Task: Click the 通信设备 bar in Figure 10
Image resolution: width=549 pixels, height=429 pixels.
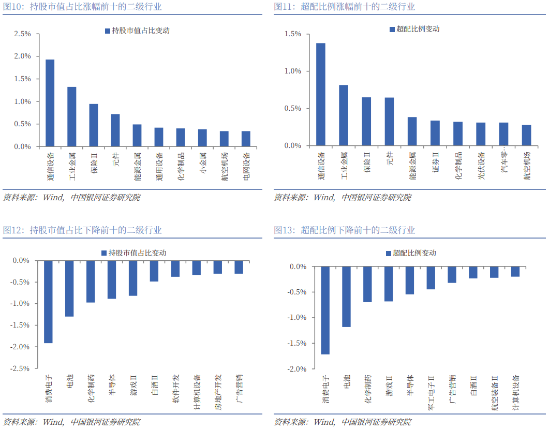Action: point(50,103)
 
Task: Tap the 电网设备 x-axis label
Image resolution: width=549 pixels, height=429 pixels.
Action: point(246,166)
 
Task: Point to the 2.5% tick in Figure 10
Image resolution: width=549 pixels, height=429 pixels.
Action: point(23,34)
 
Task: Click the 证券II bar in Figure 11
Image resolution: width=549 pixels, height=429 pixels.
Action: point(435,133)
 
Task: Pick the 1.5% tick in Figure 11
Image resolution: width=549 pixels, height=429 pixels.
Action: point(293,34)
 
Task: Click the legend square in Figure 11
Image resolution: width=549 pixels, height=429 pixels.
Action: point(392,29)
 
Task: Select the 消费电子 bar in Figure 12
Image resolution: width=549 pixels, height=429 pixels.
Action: point(48,301)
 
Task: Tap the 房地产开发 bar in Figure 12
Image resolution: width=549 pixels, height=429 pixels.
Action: point(217,267)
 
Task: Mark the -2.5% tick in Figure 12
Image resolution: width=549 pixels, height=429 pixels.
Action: point(21,368)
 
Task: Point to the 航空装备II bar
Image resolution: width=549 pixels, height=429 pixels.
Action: point(494,272)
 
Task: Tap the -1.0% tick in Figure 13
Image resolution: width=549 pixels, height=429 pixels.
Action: point(298,318)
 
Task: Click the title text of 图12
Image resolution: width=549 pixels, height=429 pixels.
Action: point(83,230)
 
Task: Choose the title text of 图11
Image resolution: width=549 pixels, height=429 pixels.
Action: point(344,7)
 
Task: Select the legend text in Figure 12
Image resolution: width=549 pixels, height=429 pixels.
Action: point(137,253)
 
